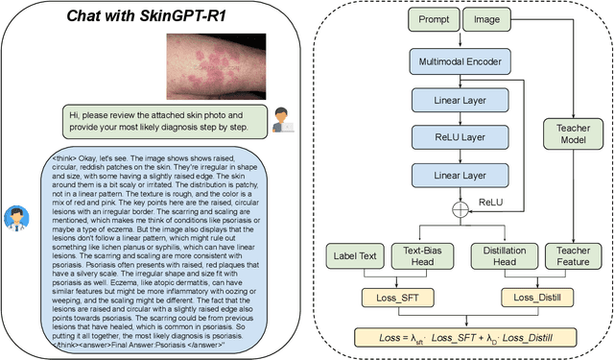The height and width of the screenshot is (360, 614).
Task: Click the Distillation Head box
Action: tap(502, 256)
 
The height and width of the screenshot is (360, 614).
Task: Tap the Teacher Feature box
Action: tap(572, 256)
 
